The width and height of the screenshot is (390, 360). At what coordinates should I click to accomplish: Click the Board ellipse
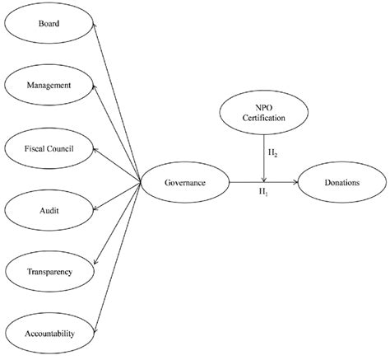50,24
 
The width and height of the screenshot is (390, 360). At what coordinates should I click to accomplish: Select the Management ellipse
50,85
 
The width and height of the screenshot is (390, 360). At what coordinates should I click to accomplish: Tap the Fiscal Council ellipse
50,147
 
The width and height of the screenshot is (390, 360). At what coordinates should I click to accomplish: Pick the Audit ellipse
50,210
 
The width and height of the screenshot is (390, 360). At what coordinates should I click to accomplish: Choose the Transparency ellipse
50,271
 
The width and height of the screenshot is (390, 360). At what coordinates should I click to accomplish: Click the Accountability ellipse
50,333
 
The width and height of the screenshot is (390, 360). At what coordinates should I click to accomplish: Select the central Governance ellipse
185,182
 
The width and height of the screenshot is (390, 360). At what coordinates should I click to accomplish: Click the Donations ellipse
341,182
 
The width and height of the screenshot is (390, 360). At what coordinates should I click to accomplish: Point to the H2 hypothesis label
272,153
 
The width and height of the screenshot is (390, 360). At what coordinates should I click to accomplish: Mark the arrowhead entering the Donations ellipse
294,182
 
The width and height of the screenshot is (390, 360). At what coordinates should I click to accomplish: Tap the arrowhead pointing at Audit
97,208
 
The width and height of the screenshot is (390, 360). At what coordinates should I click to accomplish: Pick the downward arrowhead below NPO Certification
263,177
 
